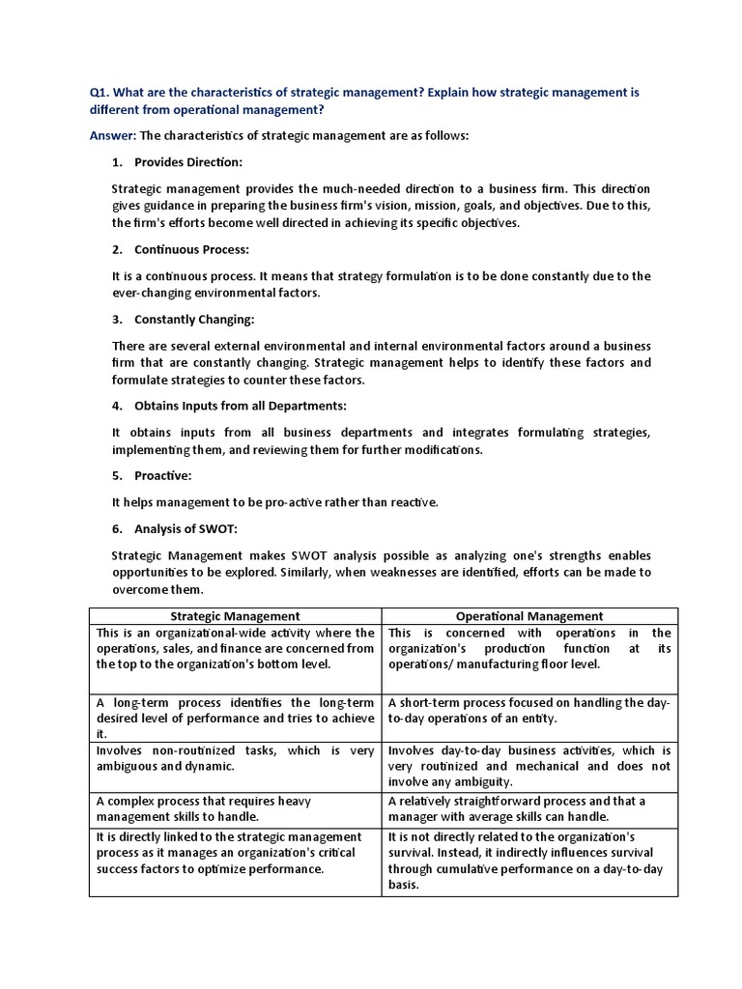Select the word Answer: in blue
tap(113, 136)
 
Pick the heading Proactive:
tap(162, 475)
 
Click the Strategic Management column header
tap(236, 616)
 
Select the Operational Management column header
tap(529, 616)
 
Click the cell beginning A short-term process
tap(529, 711)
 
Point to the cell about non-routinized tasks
tap(236, 758)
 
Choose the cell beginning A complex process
tap(236, 808)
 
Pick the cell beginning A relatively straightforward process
tap(529, 808)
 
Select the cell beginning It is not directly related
tap(529, 861)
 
